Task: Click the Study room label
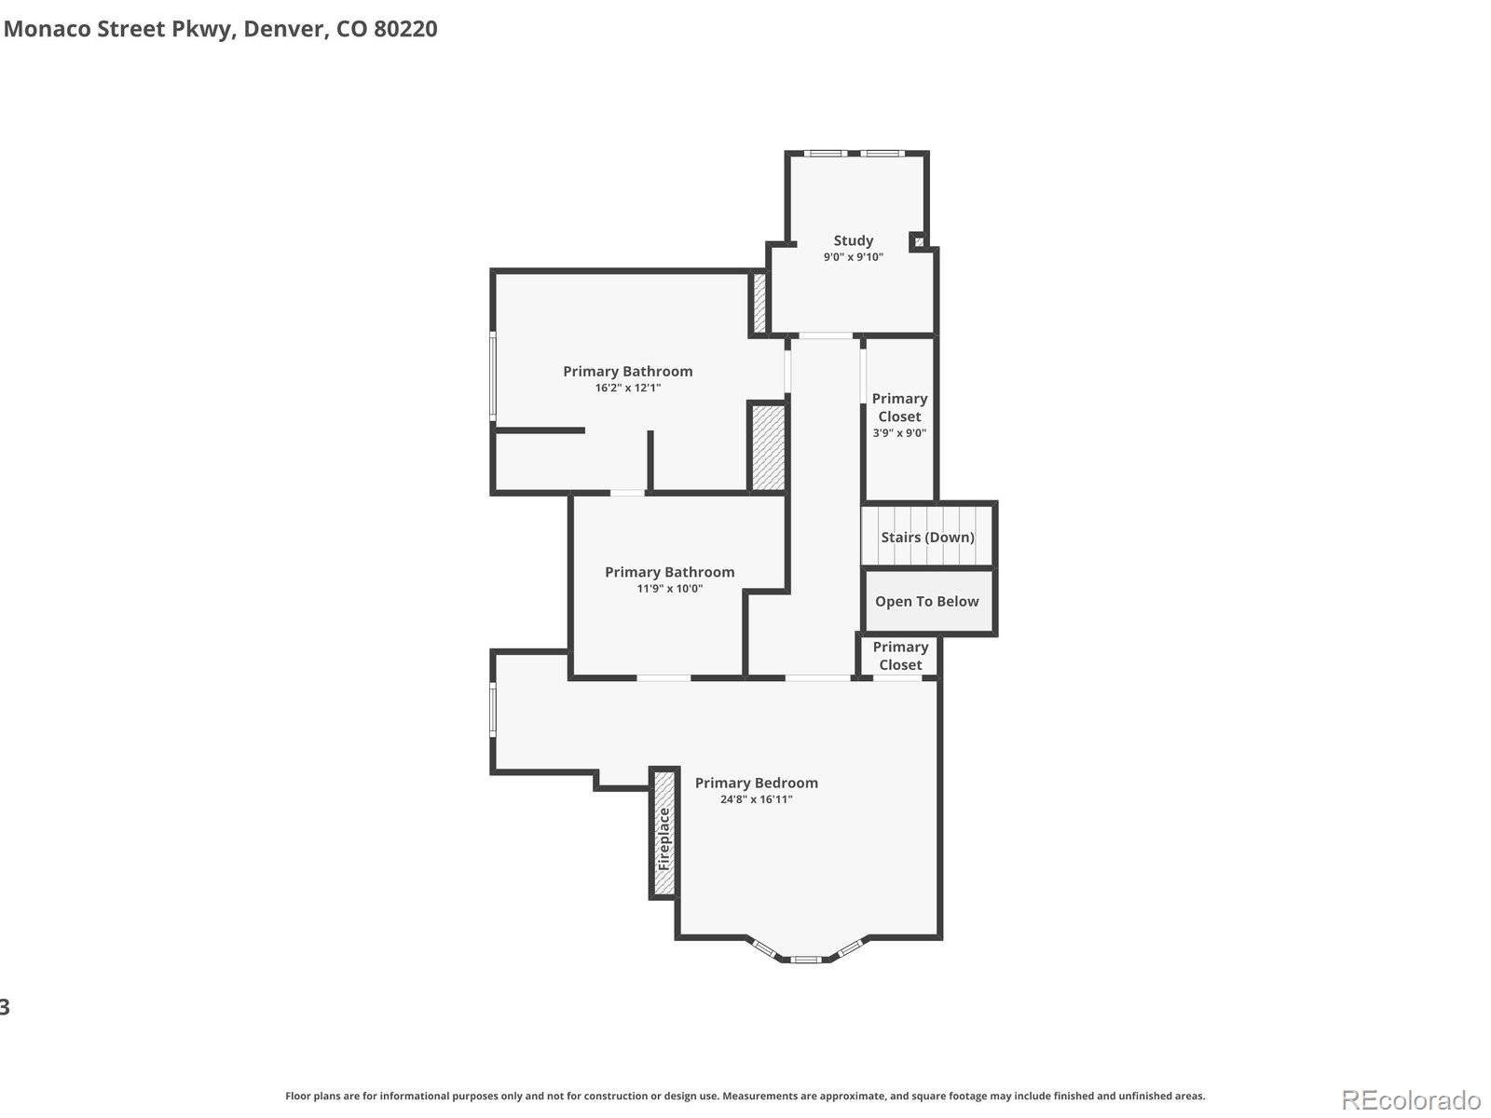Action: pos(853,240)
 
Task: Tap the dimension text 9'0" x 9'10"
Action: pos(853,257)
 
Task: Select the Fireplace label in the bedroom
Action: pos(663,838)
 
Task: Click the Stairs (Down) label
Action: pos(927,537)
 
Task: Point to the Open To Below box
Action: pos(927,602)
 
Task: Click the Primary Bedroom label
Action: pos(756,783)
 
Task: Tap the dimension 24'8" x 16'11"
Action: pos(756,799)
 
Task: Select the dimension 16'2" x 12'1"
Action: pos(627,388)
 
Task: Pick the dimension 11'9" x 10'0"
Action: pos(669,589)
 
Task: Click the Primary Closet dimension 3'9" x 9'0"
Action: pos(899,433)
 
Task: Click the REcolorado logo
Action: pos(1411,1100)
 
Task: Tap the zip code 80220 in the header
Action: pos(405,29)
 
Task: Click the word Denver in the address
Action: pos(285,29)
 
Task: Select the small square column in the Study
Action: pos(919,241)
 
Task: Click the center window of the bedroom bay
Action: pos(806,959)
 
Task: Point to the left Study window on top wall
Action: pos(825,153)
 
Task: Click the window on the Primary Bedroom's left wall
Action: pos(493,710)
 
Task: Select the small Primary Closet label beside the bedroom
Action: pos(899,656)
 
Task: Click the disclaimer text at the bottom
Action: pos(745,1096)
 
